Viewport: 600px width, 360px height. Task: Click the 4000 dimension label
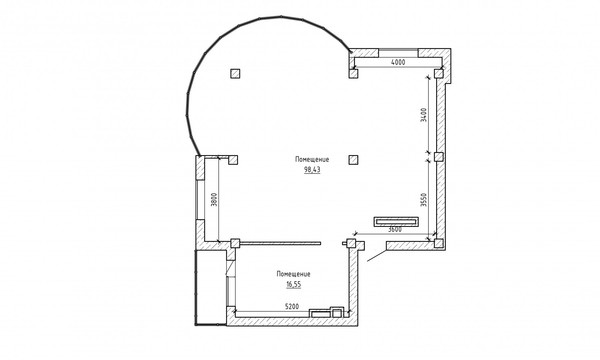(398, 62)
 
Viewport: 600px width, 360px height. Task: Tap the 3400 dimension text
(423, 115)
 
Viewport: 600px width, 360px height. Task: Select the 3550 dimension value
(423, 200)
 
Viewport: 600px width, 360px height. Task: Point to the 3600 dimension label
(395, 230)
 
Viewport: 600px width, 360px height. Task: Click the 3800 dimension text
(214, 199)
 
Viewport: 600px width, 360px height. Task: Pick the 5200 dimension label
(292, 306)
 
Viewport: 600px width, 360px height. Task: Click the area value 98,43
(312, 170)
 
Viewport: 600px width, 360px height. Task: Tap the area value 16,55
(293, 285)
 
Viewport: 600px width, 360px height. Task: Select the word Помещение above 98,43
(312, 159)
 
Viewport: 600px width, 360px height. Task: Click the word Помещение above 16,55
(293, 274)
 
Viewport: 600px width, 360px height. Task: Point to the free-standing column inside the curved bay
(235, 73)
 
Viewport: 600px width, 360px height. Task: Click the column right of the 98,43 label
(354, 160)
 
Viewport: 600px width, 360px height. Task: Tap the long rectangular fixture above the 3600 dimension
(396, 222)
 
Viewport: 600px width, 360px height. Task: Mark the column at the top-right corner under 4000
(439, 73)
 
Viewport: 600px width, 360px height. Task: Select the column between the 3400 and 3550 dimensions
(439, 156)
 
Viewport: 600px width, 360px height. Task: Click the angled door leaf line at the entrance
(377, 255)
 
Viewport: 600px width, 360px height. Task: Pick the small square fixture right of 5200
(337, 312)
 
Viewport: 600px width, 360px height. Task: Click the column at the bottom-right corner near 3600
(439, 243)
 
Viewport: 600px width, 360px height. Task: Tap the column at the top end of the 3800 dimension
(233, 160)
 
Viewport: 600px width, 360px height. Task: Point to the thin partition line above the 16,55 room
(280, 243)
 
